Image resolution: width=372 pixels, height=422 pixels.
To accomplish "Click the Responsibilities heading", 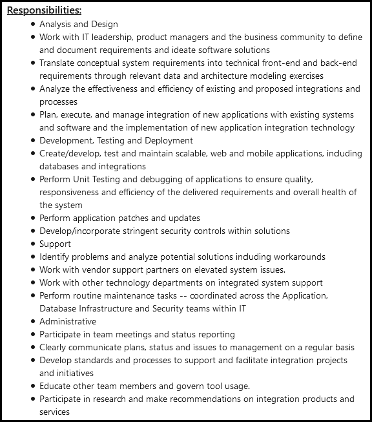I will click(x=44, y=11).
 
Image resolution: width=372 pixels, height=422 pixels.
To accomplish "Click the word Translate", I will click(x=57, y=63).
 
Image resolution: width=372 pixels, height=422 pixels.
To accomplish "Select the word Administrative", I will click(x=68, y=321).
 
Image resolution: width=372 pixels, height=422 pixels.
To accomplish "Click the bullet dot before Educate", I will click(x=33, y=386).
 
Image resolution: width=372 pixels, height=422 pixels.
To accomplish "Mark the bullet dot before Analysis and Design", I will click(x=33, y=24).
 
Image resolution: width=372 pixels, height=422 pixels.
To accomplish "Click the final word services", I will click(x=54, y=412).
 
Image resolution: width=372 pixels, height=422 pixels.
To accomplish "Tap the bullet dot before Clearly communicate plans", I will click(x=33, y=348).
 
